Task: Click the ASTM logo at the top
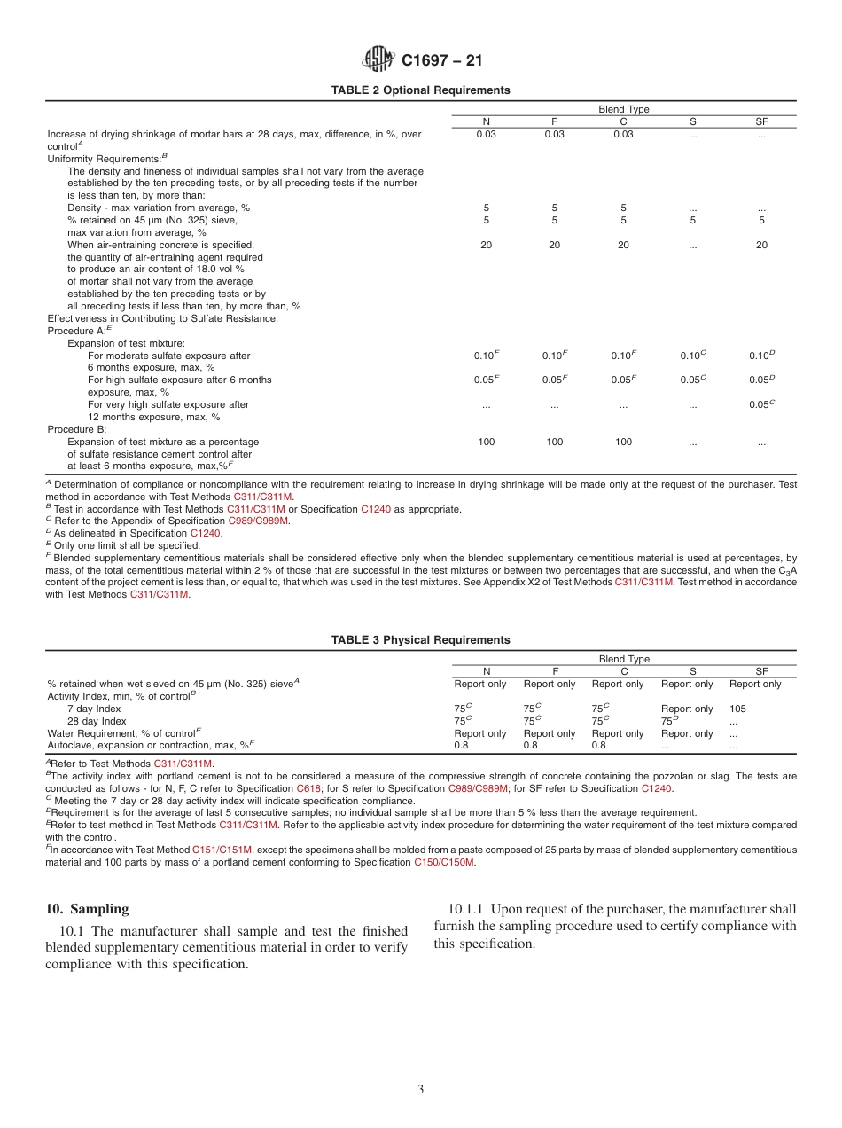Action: click(378, 60)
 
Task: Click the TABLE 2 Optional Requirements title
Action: click(420, 90)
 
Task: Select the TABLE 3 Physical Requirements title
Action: click(420, 640)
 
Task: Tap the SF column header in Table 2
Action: click(761, 121)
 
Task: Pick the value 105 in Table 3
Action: click(737, 709)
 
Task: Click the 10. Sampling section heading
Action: click(87, 909)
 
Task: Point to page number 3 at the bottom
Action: click(421, 1089)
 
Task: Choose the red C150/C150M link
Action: click(444, 862)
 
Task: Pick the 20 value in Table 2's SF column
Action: click(761, 245)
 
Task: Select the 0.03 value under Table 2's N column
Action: click(486, 134)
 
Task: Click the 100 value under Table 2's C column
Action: click(623, 442)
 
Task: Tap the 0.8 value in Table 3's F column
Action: click(530, 746)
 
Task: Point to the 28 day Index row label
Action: click(97, 721)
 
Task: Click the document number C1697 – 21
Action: click(441, 61)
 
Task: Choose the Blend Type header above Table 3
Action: click(624, 659)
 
